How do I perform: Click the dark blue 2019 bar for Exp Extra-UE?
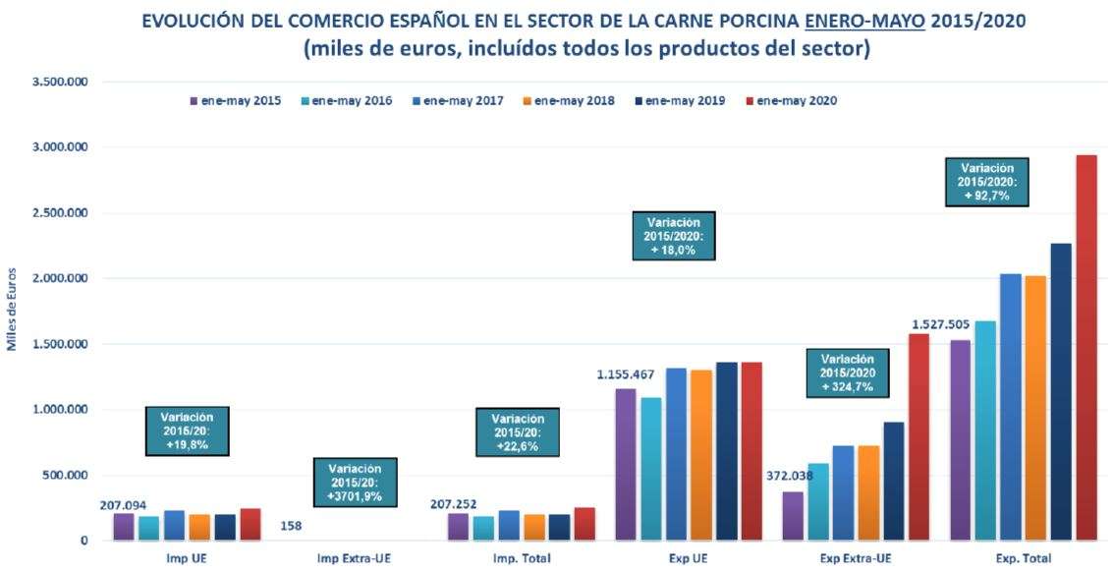894,481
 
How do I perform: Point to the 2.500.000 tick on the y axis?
60,213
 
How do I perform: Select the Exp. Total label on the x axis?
1023,559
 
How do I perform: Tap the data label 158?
291,526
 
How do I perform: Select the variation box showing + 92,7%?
986,182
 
